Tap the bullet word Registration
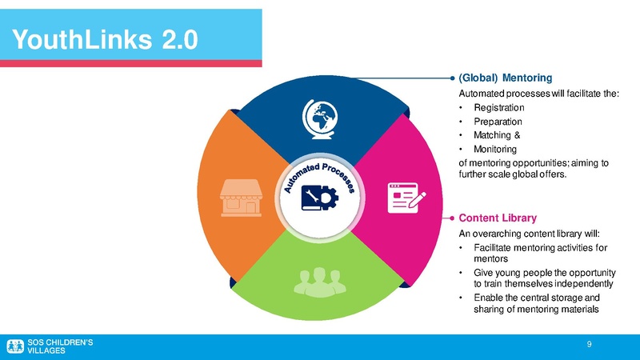tap(499, 107)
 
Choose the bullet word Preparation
tap(498, 122)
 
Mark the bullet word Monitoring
tap(495, 149)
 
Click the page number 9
tap(589, 345)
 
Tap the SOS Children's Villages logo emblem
tap(15, 346)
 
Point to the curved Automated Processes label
tap(323, 174)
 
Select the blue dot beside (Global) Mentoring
tap(451, 78)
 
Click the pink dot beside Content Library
tap(451, 217)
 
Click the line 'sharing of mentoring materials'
tap(535, 310)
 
